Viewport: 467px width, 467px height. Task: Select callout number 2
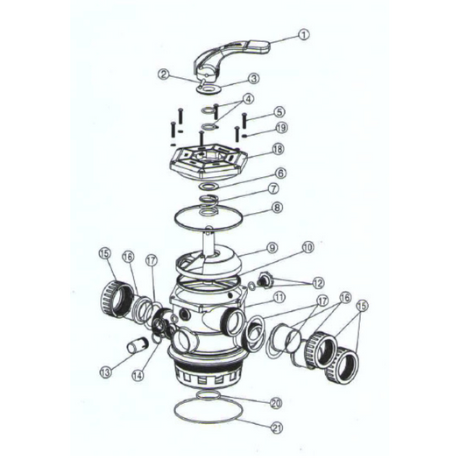click(162, 74)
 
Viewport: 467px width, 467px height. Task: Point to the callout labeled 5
click(279, 112)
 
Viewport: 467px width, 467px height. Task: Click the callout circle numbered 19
click(279, 128)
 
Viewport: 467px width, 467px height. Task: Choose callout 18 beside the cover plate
click(278, 150)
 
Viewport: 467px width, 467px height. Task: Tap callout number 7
click(273, 188)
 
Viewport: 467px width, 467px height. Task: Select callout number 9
click(272, 248)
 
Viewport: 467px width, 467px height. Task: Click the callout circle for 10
click(308, 247)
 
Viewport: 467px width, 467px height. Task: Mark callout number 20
click(274, 404)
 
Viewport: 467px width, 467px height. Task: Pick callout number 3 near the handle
click(253, 79)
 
